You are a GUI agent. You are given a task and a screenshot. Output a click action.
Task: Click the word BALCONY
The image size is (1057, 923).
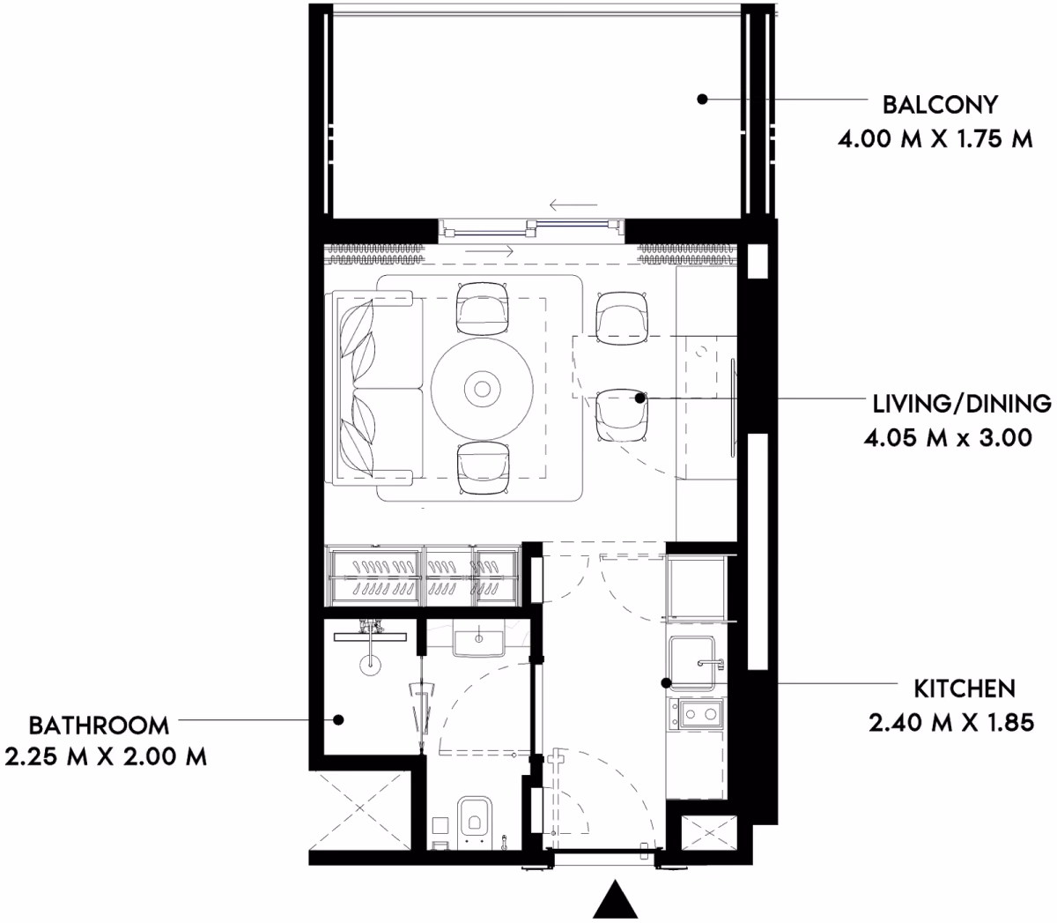click(x=940, y=105)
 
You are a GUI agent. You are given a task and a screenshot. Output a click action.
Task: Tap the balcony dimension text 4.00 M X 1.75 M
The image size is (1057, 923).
click(x=935, y=139)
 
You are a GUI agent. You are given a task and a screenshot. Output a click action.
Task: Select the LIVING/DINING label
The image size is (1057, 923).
click(x=962, y=404)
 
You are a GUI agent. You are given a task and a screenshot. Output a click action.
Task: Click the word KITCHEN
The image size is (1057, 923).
click(x=965, y=689)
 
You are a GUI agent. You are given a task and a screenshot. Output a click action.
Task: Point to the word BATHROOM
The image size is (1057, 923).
click(x=100, y=726)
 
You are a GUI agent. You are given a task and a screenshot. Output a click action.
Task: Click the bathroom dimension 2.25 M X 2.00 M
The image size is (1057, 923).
click(x=106, y=757)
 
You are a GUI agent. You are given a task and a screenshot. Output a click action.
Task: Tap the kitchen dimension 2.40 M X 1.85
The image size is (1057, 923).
click(x=951, y=722)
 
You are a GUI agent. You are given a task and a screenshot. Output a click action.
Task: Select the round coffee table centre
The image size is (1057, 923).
click(x=482, y=389)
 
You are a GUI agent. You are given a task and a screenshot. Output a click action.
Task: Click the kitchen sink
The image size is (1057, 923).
click(x=693, y=664)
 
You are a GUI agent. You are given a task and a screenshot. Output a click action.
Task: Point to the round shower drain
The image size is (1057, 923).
click(x=371, y=666)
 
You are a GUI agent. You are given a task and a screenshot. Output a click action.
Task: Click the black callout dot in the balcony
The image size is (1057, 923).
click(x=701, y=100)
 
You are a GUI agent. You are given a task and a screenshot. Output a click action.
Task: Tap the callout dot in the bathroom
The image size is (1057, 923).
click(x=338, y=719)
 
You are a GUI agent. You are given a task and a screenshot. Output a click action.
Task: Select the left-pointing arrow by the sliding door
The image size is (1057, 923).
click(x=573, y=205)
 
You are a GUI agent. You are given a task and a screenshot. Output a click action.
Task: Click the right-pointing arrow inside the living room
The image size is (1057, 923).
click(x=490, y=252)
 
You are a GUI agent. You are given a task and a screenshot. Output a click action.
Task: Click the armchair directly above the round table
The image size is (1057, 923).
click(x=483, y=308)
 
